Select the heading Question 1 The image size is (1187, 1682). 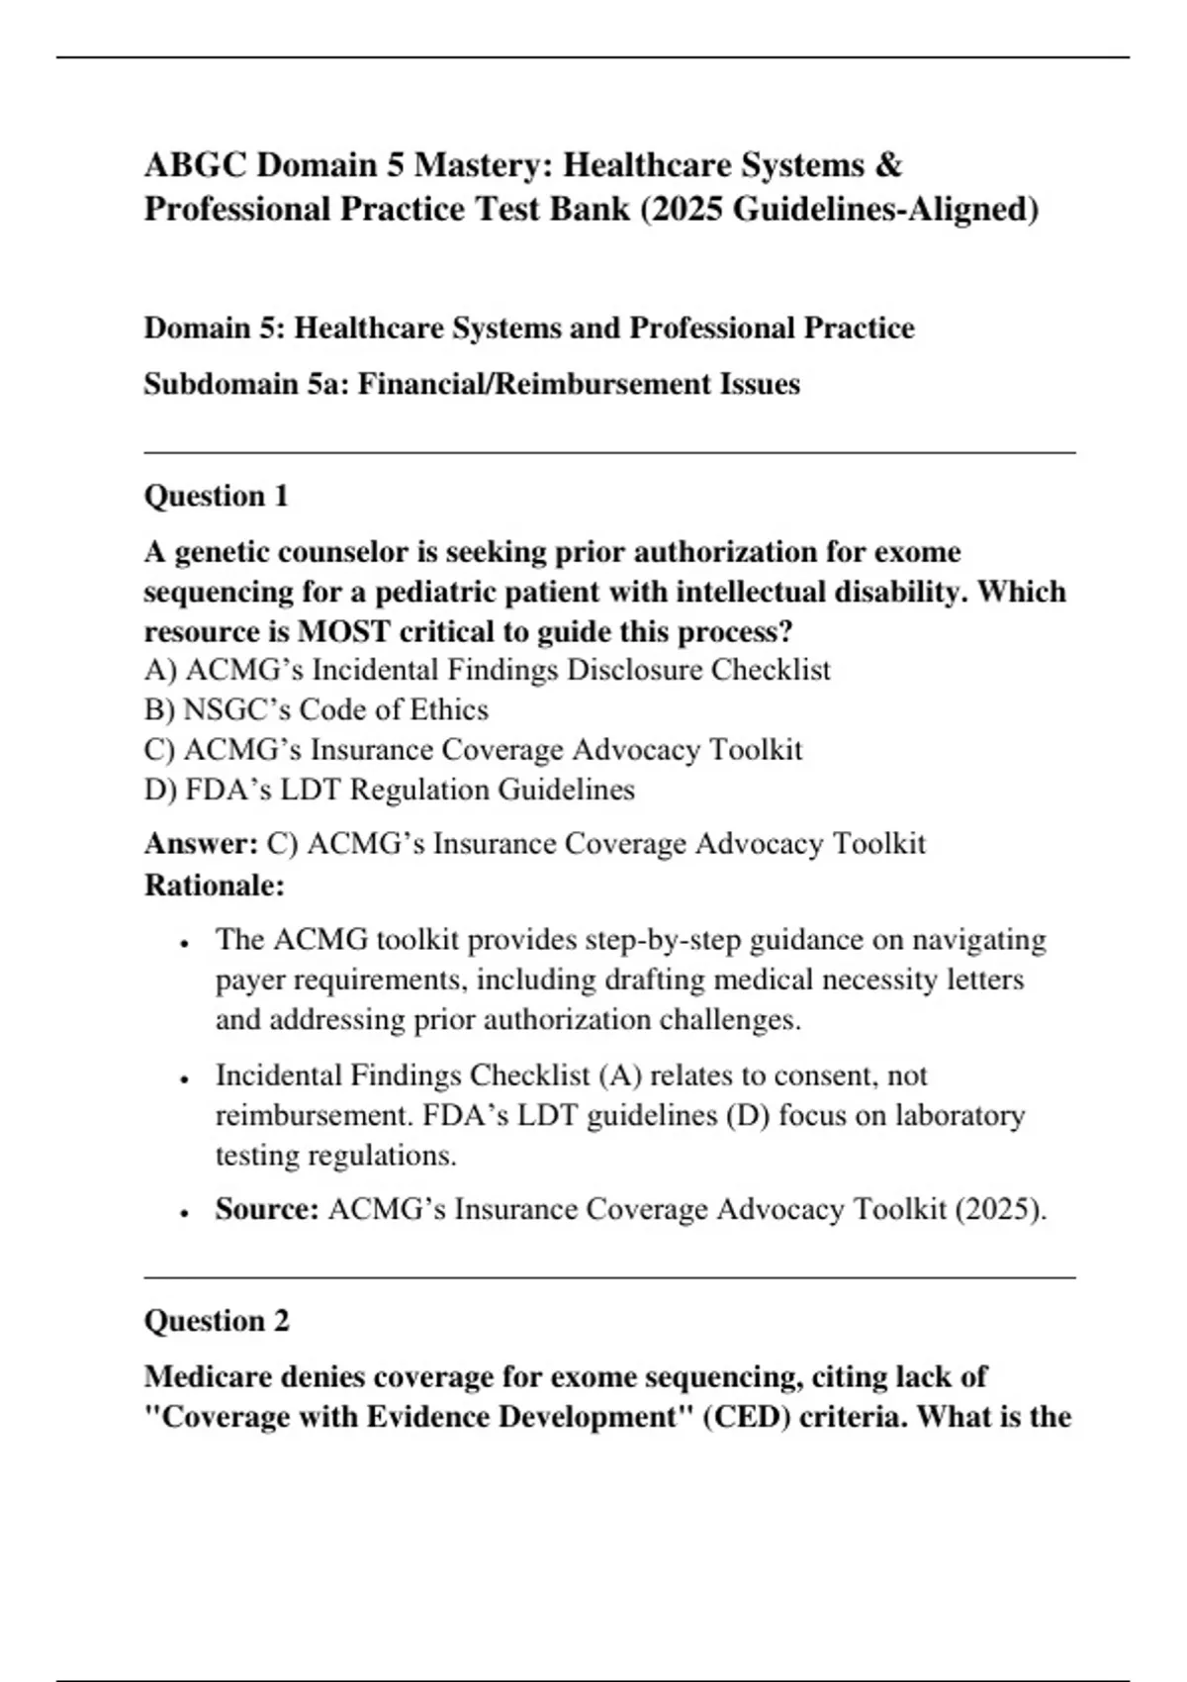point(216,496)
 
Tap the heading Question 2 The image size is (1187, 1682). point(217,1321)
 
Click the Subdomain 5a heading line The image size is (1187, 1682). point(471,384)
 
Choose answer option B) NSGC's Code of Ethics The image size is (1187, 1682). point(316,710)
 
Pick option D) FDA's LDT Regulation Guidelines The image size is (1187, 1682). point(389,790)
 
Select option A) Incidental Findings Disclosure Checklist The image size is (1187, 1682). point(487,671)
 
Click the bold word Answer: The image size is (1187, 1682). point(201,844)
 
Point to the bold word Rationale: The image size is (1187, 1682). point(214,885)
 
